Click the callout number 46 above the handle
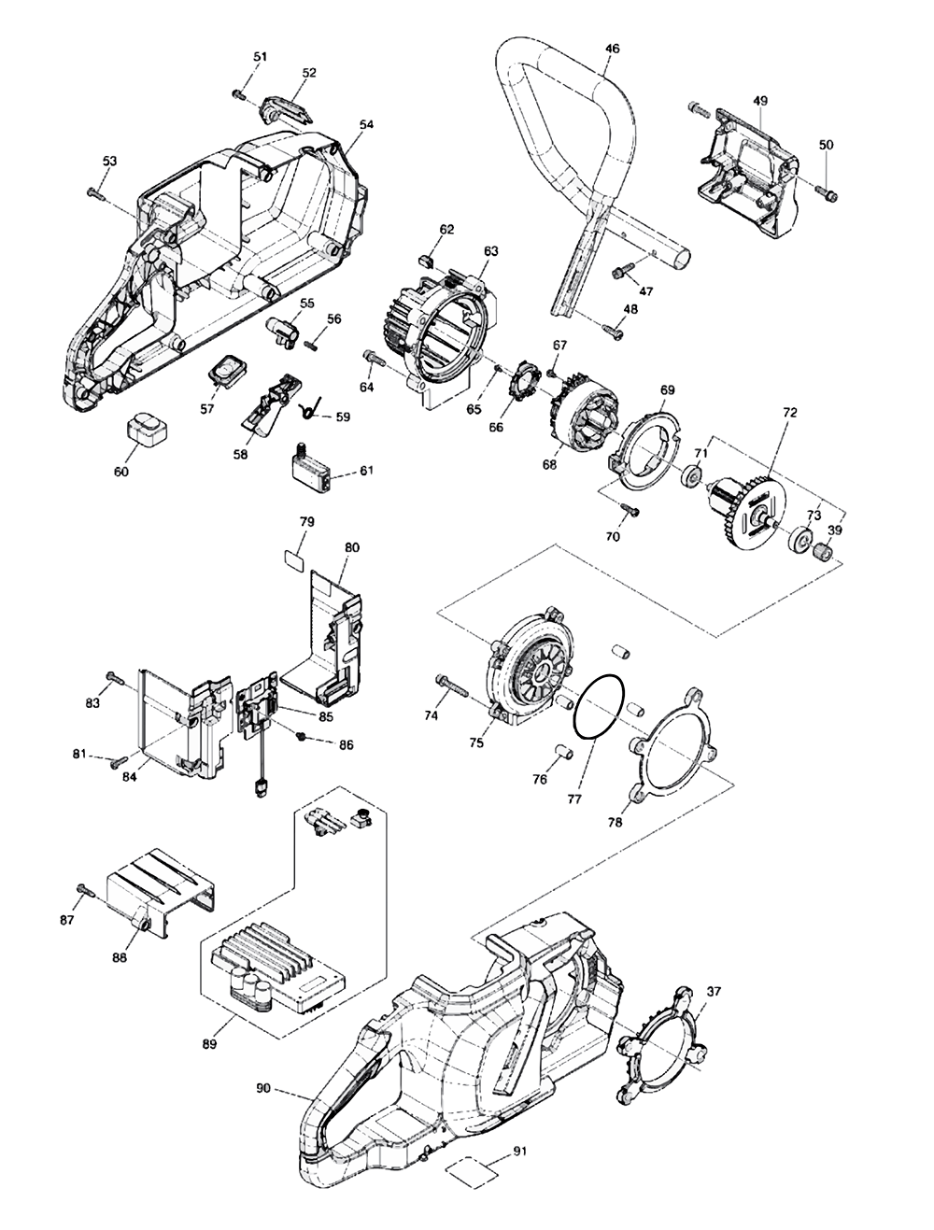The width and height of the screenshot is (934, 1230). point(611,48)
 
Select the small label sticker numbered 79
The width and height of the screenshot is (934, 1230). point(296,558)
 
